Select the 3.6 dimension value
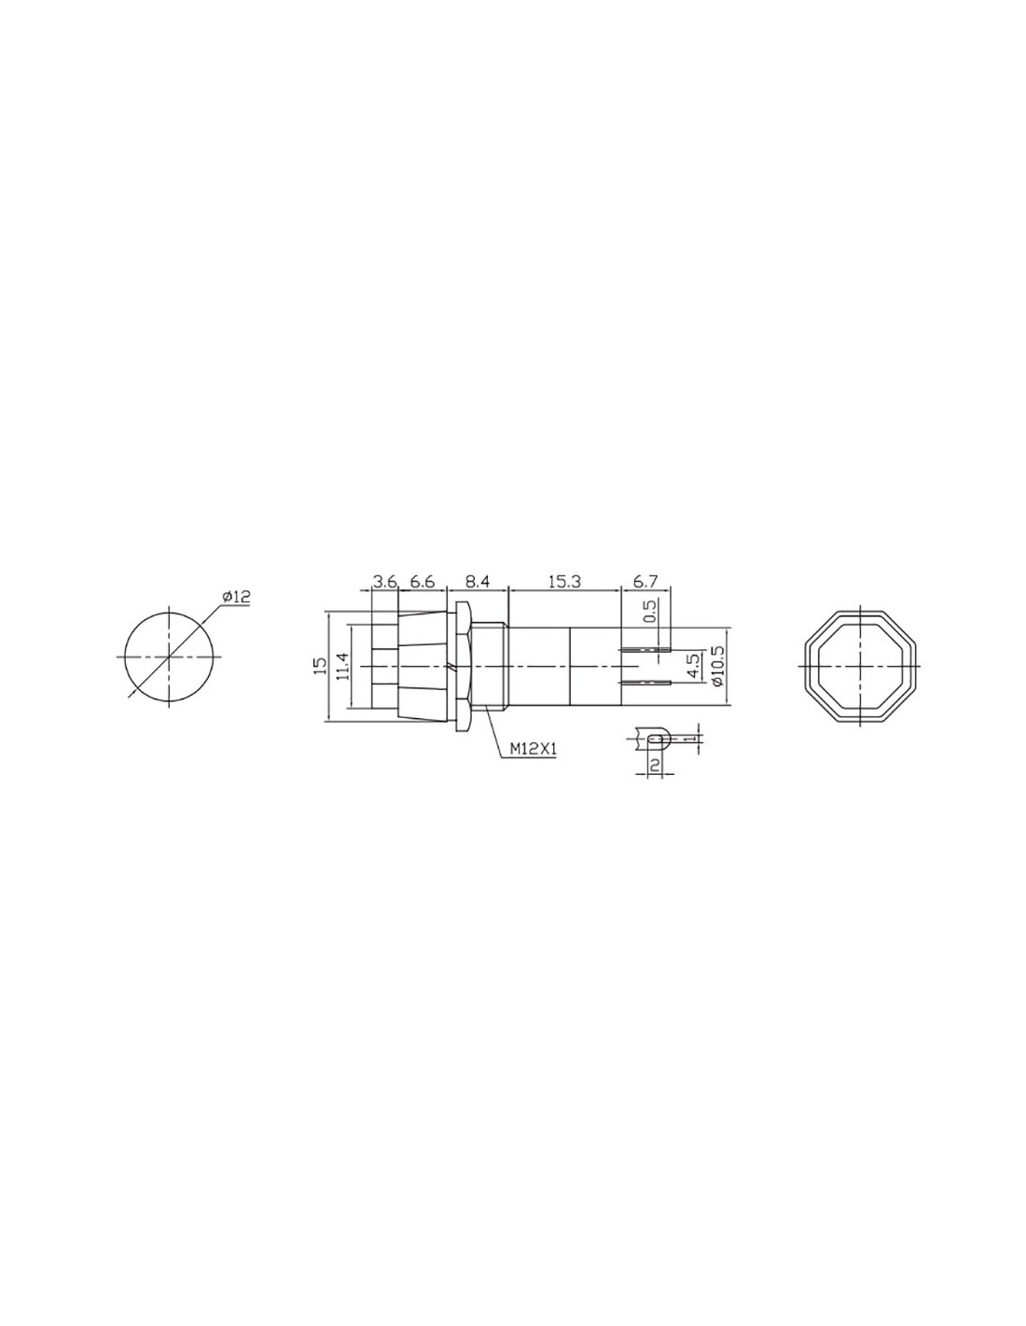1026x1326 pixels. pos(385,581)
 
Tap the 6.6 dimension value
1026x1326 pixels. pos(422,581)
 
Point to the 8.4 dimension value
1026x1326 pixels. pos(478,581)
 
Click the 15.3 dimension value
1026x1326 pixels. pos(563,581)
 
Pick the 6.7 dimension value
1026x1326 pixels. pos(645,581)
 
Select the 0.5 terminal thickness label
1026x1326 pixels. pos(649,610)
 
